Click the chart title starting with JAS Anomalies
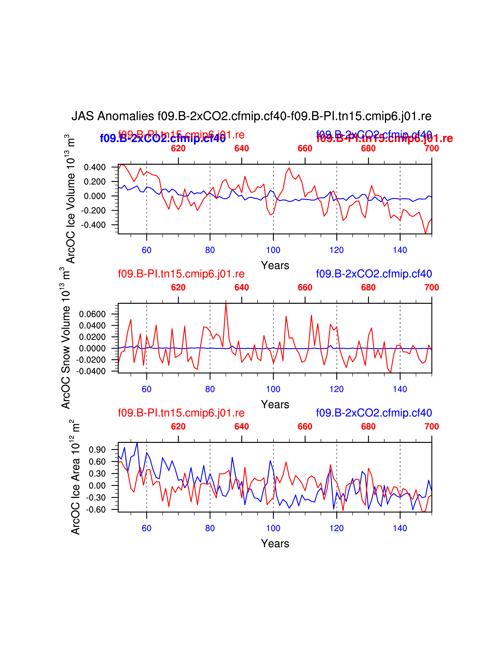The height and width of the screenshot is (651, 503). [251, 116]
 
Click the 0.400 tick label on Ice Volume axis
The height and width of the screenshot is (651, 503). [95, 167]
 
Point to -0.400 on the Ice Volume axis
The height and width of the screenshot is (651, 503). [93, 225]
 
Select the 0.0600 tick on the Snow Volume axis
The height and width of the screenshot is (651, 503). [92, 314]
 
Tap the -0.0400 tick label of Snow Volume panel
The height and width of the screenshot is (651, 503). [91, 371]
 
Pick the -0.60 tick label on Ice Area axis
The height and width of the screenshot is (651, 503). [96, 510]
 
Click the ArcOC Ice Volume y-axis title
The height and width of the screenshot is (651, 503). [71, 199]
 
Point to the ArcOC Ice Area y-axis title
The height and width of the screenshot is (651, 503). [75, 477]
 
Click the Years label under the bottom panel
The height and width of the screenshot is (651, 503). [275, 544]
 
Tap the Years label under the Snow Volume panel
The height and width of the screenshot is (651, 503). [275, 404]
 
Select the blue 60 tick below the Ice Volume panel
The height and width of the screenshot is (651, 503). [147, 250]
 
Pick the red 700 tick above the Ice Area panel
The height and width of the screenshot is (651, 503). [431, 427]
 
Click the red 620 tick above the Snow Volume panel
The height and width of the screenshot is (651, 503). [178, 288]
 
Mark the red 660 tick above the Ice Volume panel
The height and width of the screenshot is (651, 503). [305, 148]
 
